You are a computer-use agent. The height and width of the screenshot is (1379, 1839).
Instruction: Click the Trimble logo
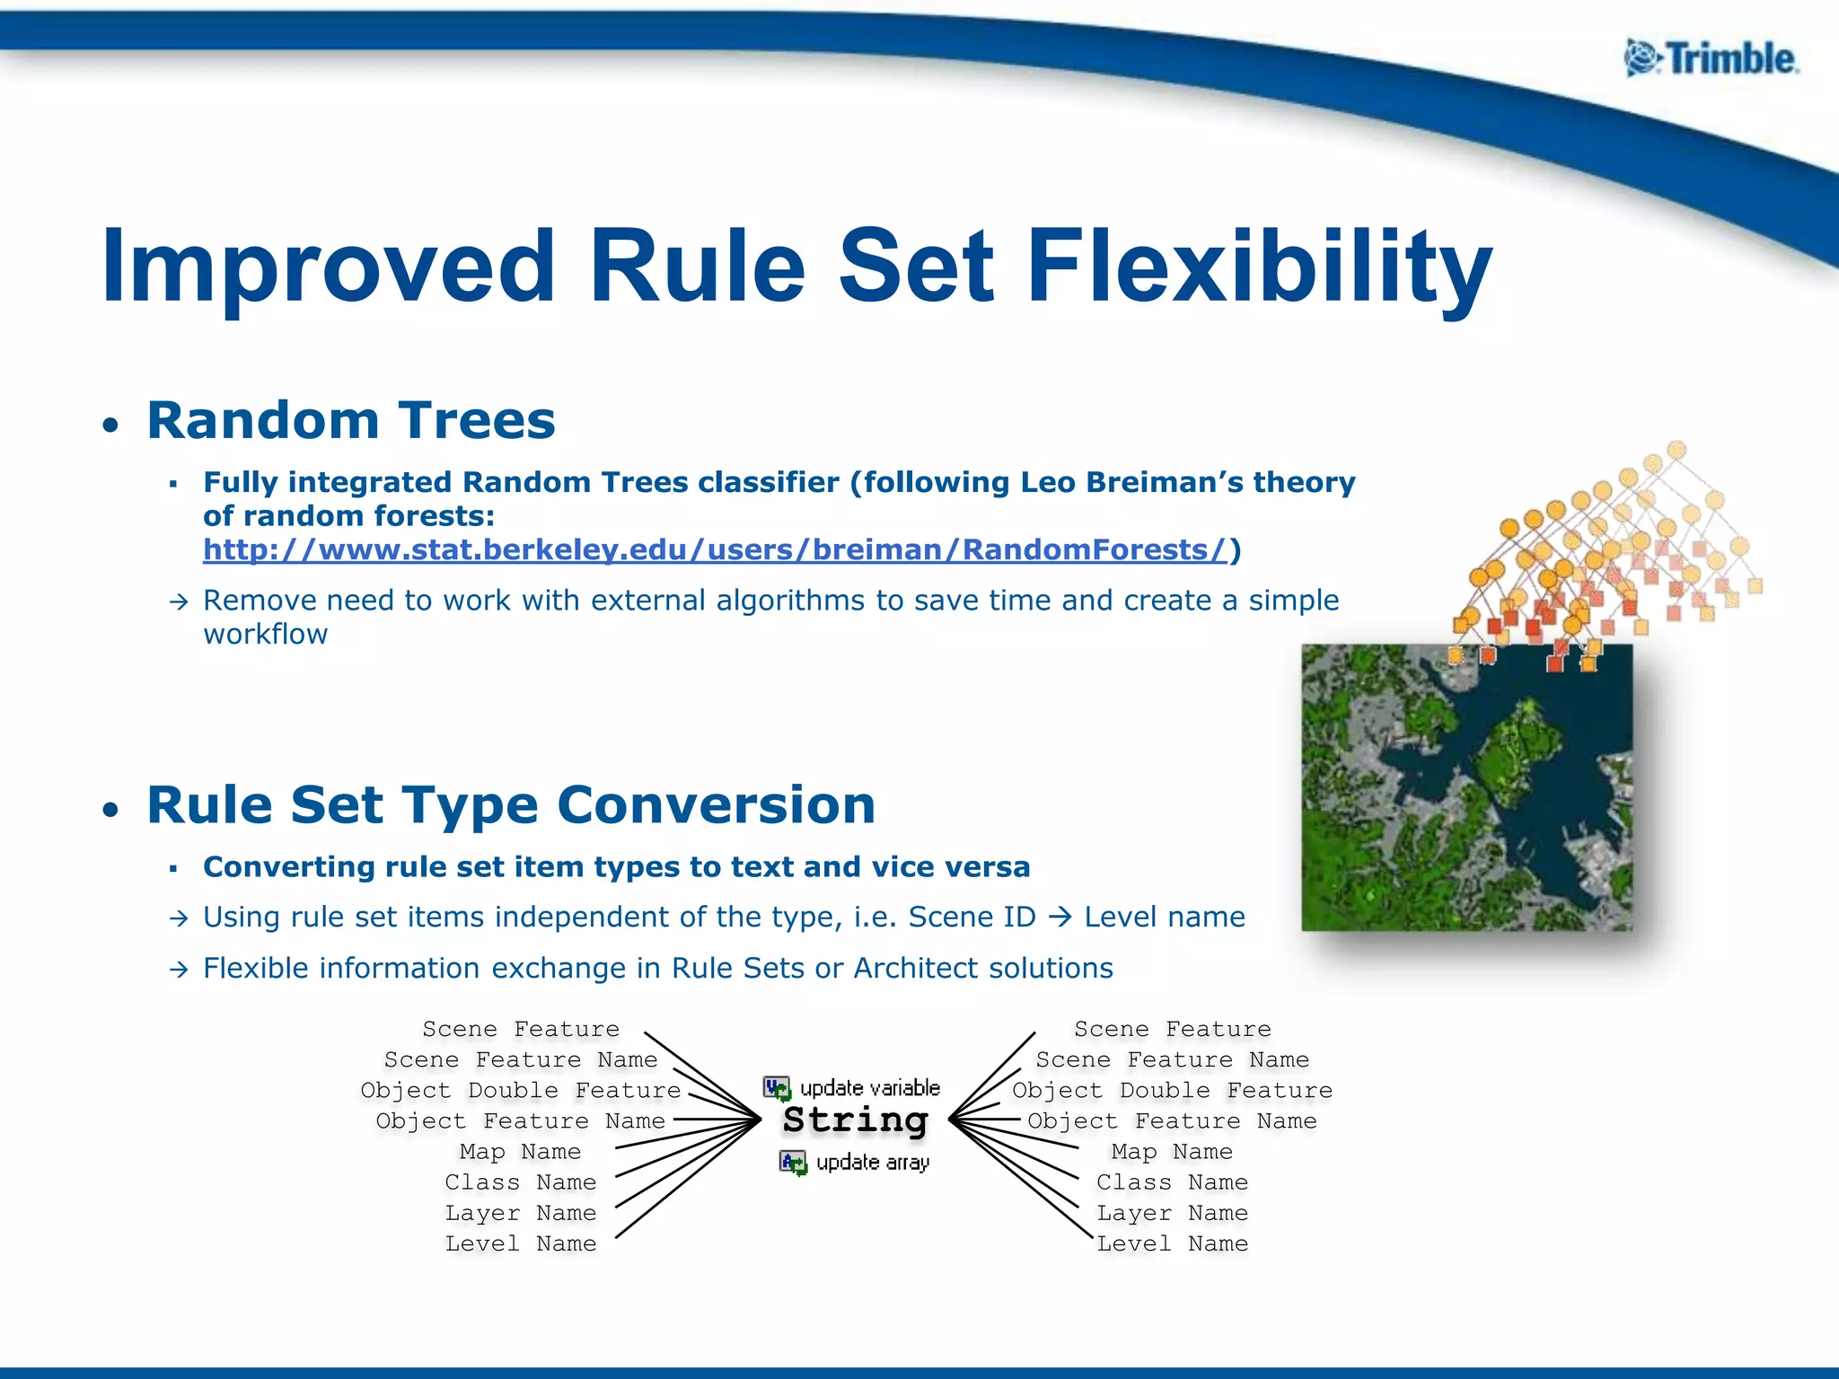coord(1711,59)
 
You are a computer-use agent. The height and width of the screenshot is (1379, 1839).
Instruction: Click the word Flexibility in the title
coord(1259,267)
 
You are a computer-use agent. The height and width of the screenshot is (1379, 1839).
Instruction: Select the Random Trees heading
coord(351,420)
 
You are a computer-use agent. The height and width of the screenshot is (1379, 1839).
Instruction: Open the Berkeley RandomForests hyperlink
coord(715,549)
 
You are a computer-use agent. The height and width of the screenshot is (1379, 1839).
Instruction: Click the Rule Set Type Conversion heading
coord(511,804)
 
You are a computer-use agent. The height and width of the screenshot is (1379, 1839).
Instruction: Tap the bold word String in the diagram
coord(855,1120)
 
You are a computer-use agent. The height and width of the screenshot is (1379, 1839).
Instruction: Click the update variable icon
coord(777,1088)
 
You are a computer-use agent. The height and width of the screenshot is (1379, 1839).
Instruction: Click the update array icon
coord(793,1163)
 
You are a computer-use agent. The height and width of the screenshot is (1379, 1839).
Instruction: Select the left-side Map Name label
coord(520,1152)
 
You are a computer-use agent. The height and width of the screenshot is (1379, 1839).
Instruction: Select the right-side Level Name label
coord(1172,1243)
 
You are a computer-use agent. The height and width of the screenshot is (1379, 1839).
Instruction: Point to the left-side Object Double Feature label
coord(520,1091)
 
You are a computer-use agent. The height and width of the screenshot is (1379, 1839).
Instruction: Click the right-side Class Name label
coord(1172,1182)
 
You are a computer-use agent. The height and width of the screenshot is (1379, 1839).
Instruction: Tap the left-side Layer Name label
coord(520,1213)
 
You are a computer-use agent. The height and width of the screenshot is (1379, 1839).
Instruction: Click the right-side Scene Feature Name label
coord(1172,1060)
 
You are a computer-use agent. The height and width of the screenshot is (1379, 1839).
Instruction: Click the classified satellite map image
coord(1466,787)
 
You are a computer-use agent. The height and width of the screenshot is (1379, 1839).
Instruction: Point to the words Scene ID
coord(972,918)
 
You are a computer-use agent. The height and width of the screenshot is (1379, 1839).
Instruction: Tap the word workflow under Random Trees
coord(265,635)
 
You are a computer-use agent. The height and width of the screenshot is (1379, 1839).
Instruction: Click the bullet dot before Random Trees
coord(110,425)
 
